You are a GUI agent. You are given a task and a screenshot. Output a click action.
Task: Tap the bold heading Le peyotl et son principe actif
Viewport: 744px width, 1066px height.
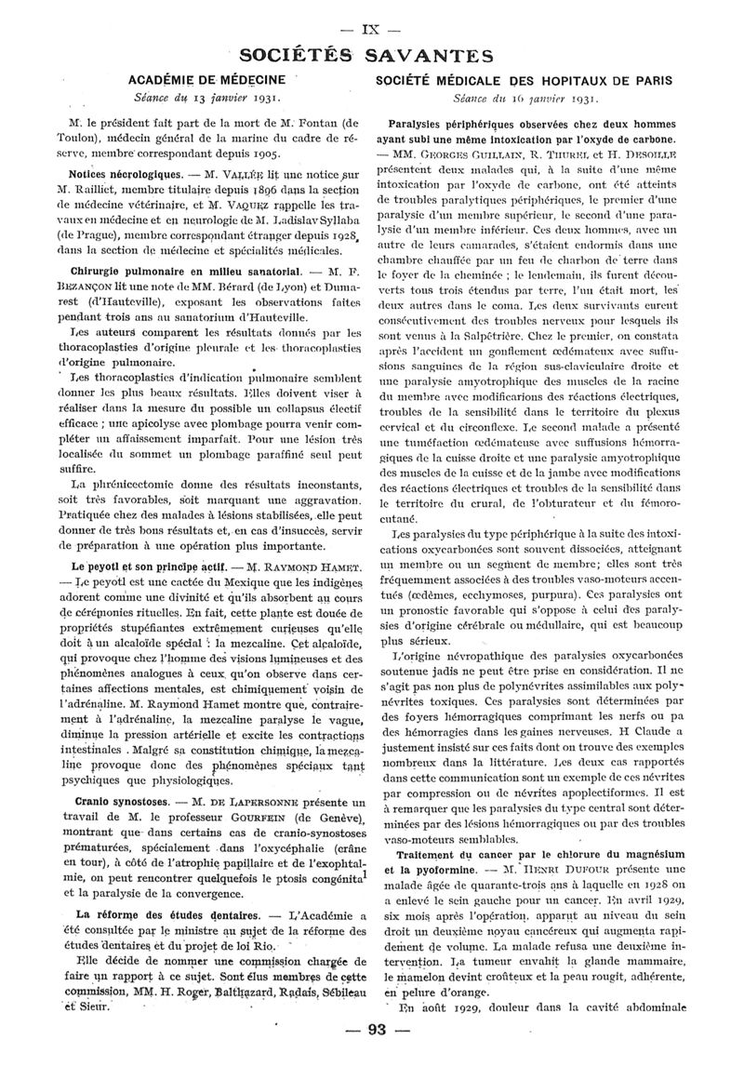click(x=139, y=566)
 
